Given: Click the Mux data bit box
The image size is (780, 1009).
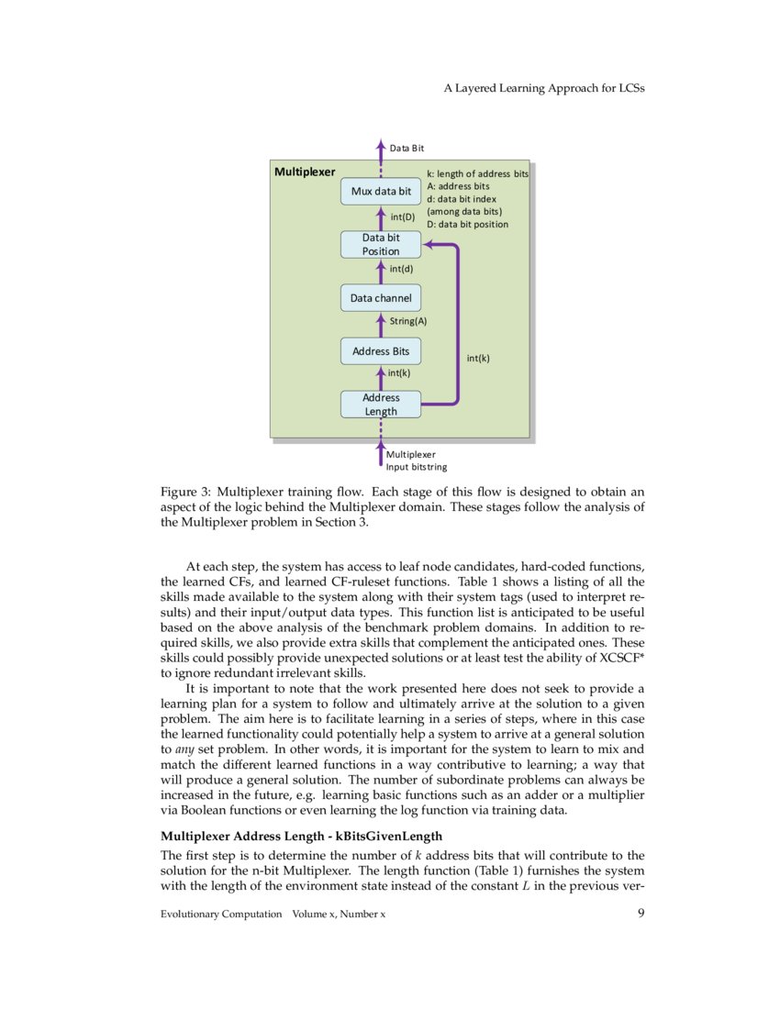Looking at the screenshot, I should tap(381, 192).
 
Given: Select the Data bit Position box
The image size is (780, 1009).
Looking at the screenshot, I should tap(381, 244).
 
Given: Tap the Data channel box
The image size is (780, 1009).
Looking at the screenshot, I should tap(381, 298).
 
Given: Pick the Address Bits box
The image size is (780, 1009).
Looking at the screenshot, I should tap(381, 351).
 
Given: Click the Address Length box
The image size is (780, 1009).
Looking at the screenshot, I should tap(381, 405).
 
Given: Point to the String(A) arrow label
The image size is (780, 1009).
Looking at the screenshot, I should tap(408, 321).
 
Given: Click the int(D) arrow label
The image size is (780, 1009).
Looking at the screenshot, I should tap(403, 217).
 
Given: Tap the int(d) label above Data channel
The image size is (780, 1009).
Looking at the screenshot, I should tap(401, 269).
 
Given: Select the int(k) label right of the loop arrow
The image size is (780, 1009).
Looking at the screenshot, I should tap(477, 359).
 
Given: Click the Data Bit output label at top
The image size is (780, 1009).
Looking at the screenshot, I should tap(407, 148).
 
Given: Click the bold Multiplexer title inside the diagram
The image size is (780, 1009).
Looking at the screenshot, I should tap(305, 172).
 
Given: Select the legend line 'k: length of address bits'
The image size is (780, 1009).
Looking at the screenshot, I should tap(477, 173).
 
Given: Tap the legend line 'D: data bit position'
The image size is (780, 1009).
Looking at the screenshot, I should tap(467, 224).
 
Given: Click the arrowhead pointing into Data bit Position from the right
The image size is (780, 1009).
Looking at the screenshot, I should tap(427, 244).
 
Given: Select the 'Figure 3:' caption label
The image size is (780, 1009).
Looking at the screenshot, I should tap(186, 491).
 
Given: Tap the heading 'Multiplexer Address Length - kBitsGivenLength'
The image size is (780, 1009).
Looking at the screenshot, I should tap(302, 836).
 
